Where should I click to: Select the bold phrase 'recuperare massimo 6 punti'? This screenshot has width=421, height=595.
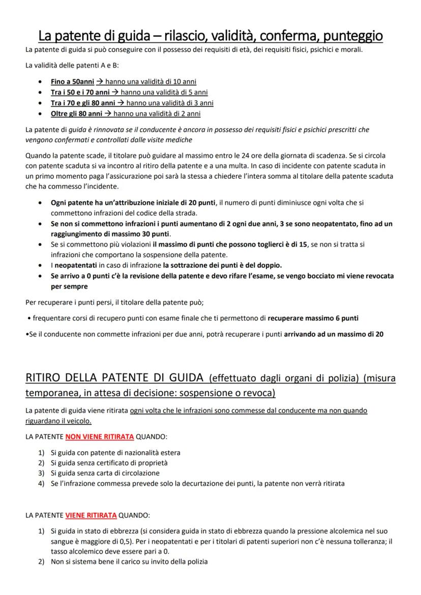click(x=313, y=319)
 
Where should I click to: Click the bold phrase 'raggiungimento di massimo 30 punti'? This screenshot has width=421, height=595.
click(x=110, y=234)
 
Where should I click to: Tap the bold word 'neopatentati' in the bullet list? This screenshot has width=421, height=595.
click(x=77, y=265)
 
